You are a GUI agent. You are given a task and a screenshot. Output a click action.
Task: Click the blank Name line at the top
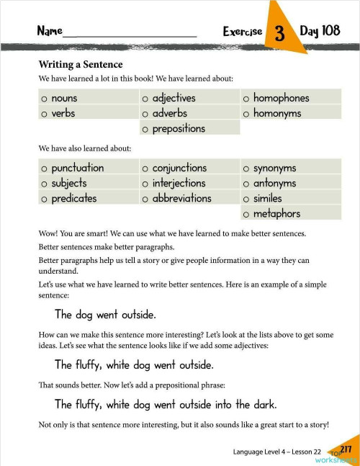point(130,32)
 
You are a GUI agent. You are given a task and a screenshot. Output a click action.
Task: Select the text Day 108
point(320,31)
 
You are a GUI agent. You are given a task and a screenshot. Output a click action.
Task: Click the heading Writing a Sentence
point(81,65)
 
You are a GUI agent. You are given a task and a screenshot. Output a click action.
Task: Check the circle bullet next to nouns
point(45,99)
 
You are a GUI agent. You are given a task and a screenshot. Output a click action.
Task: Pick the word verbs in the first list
point(63,114)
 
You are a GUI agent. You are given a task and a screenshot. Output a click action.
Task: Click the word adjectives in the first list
point(174,98)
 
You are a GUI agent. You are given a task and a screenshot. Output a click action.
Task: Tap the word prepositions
point(179,129)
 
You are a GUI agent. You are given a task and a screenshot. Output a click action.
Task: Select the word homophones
point(281,98)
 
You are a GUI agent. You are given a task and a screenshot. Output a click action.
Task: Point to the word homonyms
point(277,114)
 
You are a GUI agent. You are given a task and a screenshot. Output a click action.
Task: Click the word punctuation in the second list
point(78,168)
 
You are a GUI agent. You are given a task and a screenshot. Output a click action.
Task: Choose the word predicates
point(74,199)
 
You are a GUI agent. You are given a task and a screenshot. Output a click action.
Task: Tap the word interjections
point(179,184)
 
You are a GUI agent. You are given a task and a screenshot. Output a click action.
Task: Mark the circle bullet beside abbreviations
point(145,199)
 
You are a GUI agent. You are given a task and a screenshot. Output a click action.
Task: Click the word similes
point(267,199)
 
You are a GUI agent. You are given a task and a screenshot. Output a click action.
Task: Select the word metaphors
point(276,214)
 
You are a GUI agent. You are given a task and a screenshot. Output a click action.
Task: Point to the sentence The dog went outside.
point(105,315)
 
